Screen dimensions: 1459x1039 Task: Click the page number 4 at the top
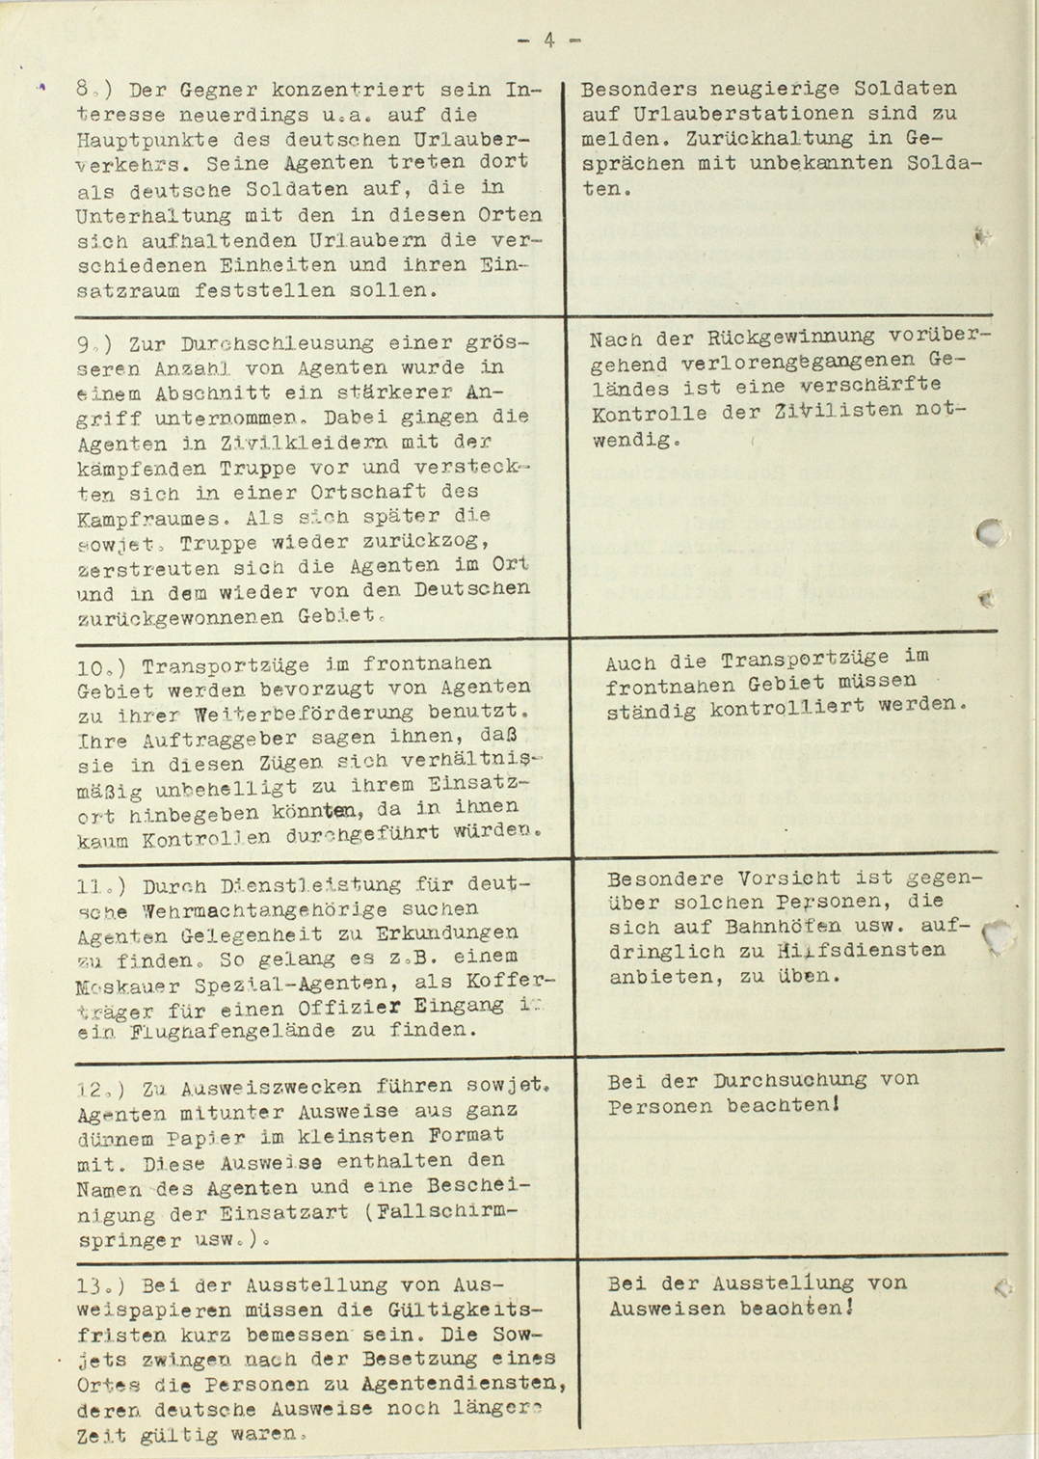(x=548, y=41)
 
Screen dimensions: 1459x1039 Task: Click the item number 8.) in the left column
(x=94, y=91)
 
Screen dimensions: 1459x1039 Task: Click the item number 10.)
(x=102, y=666)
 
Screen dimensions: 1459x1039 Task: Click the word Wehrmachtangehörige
(x=264, y=909)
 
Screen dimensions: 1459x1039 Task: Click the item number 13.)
(x=101, y=1285)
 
